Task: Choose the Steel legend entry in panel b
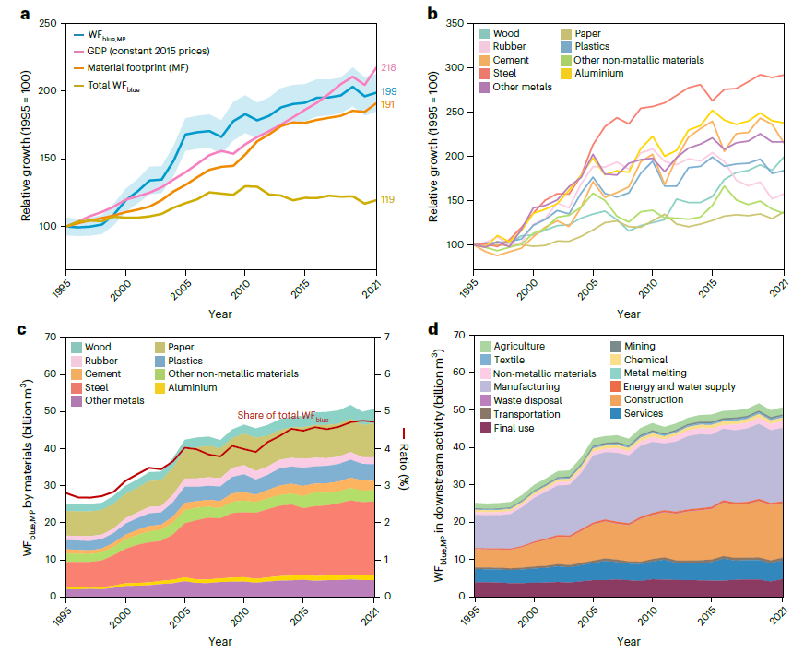click(x=503, y=74)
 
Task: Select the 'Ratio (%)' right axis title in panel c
click(x=403, y=459)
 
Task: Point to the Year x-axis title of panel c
click(x=220, y=641)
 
